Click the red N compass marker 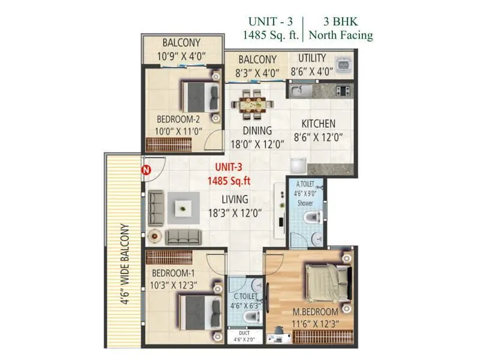coord(145,170)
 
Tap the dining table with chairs coord(248,103)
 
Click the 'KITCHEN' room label coord(318,124)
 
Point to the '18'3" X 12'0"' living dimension coord(236,213)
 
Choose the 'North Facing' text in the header coord(340,35)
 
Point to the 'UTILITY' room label coord(312,58)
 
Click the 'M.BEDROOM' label coord(315,313)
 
